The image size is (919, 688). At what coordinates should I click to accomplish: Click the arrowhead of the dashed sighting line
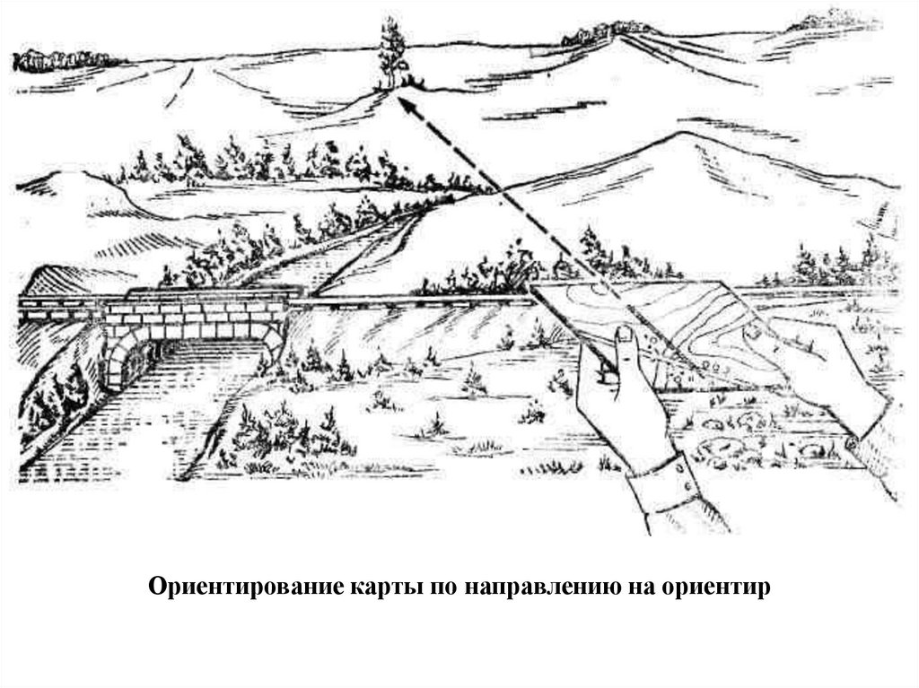405,107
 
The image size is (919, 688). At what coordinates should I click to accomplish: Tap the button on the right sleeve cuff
851,443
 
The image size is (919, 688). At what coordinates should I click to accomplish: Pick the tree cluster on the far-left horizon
58,60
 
